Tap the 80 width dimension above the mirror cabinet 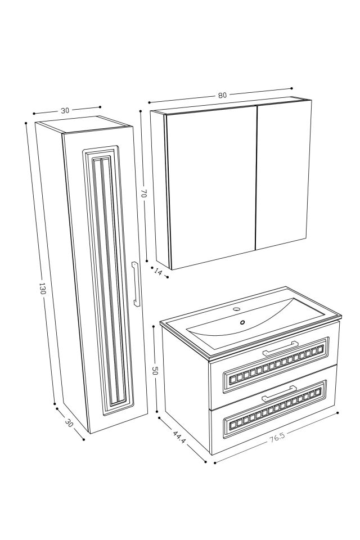point(222,95)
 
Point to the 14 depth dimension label point(157,272)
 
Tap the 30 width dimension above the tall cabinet point(65,110)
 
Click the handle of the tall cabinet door point(135,284)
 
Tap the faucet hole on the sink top point(237,309)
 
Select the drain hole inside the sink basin point(243,322)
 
